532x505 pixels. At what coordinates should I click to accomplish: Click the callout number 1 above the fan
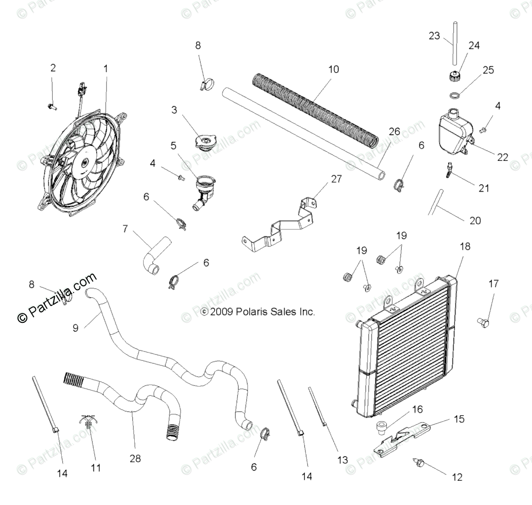(105, 69)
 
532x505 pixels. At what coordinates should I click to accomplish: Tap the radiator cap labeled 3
(204, 142)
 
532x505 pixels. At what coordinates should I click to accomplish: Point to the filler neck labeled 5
(204, 190)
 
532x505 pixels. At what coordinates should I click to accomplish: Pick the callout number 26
(394, 131)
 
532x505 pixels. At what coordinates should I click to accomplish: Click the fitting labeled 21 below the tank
(449, 170)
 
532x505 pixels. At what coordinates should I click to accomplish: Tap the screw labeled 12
(417, 463)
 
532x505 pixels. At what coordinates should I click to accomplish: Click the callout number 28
(135, 459)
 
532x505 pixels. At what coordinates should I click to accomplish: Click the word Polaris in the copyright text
(252, 312)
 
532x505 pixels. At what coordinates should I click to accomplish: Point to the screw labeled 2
(52, 106)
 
